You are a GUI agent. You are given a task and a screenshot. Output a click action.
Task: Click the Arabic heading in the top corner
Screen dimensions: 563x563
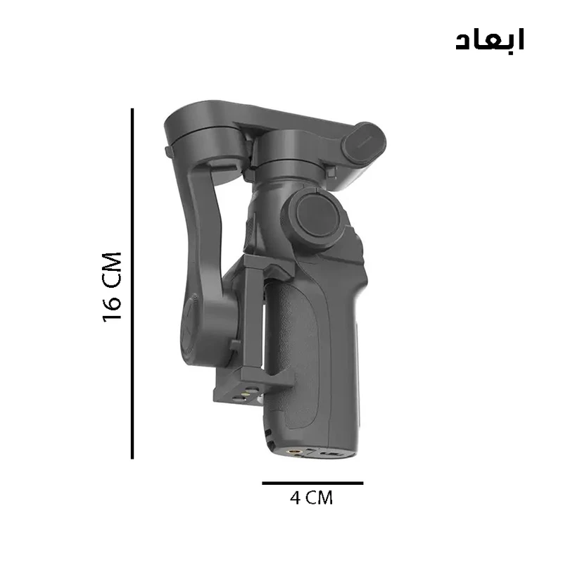click(x=490, y=39)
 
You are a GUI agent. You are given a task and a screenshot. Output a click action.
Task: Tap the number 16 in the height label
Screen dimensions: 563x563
click(x=112, y=308)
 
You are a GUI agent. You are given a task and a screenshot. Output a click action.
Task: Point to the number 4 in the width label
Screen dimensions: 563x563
click(x=295, y=498)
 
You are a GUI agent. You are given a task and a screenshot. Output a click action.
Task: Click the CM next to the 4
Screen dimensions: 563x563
click(x=320, y=498)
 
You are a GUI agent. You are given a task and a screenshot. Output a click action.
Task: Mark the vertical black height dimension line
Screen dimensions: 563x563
click(x=132, y=284)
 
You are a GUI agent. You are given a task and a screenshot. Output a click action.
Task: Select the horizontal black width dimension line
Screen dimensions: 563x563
click(x=312, y=483)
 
